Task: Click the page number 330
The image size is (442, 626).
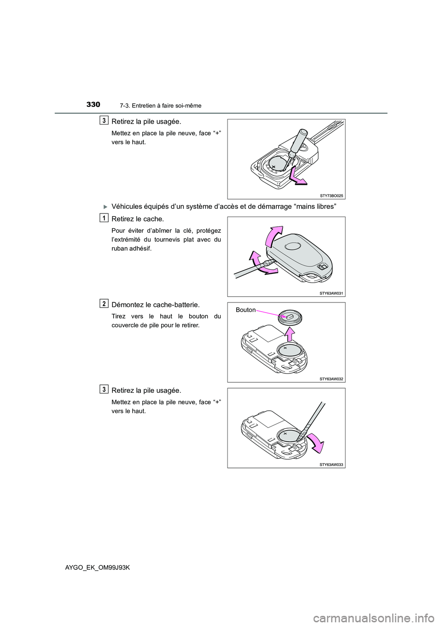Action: [x=93, y=105]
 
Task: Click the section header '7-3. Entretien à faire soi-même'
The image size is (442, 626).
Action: [x=160, y=106]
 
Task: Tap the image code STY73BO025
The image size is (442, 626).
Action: [x=331, y=195]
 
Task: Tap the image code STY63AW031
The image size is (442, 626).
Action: [x=331, y=293]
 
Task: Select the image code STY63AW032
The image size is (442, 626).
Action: [x=331, y=379]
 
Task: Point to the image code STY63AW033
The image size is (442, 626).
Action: [x=331, y=465]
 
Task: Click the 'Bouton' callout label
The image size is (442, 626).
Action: [x=245, y=310]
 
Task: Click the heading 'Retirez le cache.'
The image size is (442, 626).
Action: [x=138, y=219]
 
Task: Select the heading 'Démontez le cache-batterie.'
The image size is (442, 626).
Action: [x=156, y=305]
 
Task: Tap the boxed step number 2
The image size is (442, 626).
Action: [x=105, y=303]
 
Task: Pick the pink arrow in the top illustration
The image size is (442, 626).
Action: [x=297, y=177]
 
